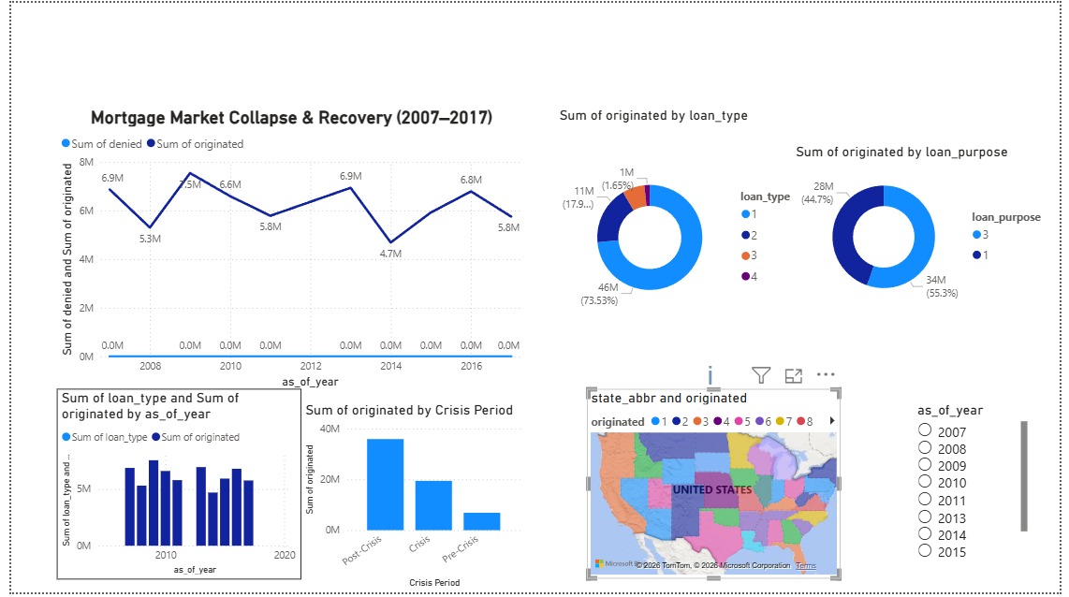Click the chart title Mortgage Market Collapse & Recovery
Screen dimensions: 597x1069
pyautogui.click(x=291, y=118)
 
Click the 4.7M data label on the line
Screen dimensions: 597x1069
pyautogui.click(x=390, y=254)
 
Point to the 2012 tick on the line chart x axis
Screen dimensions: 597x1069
pyautogui.click(x=311, y=366)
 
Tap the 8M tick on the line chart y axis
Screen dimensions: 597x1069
pyautogui.click(x=85, y=162)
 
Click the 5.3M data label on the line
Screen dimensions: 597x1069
pyautogui.click(x=150, y=239)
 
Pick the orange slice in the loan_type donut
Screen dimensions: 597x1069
pyautogui.click(x=636, y=197)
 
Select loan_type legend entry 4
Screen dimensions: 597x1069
pyautogui.click(x=746, y=276)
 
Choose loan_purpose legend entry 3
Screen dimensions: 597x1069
pyautogui.click(x=977, y=237)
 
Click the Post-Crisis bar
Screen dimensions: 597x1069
pyautogui.click(x=385, y=485)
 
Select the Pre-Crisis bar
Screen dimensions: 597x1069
pyautogui.click(x=481, y=521)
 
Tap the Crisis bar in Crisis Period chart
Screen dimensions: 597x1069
pyautogui.click(x=433, y=505)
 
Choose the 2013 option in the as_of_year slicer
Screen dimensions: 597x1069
pyautogui.click(x=926, y=516)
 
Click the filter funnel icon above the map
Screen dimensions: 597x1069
pyautogui.click(x=761, y=375)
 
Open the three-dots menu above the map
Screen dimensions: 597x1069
pyautogui.click(x=825, y=374)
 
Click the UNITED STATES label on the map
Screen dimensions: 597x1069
pyautogui.click(x=711, y=489)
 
